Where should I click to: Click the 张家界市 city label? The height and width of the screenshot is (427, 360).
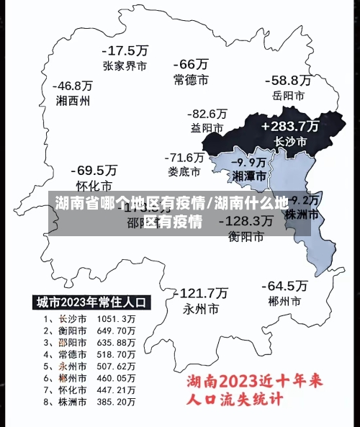tap(125, 66)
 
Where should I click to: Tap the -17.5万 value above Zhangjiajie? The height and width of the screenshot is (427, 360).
tap(125, 51)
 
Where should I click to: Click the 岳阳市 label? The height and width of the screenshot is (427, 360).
tap(288, 95)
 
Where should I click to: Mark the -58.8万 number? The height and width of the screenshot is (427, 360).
tap(288, 80)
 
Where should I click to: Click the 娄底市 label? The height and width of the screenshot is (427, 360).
tap(184, 171)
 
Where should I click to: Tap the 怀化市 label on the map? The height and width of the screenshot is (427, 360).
tap(94, 185)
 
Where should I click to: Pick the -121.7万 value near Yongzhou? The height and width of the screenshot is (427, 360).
tap(201, 294)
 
